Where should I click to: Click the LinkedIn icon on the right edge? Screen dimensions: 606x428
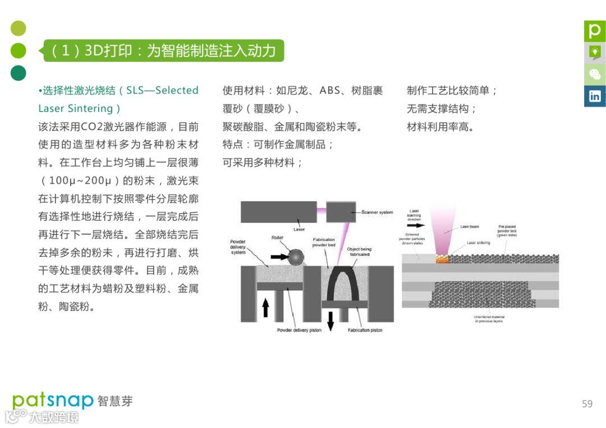(594, 96)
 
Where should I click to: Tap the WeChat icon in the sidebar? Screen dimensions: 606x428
(594, 74)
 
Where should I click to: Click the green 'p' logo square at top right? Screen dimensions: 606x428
(594, 31)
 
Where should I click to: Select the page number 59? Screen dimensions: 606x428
(587, 403)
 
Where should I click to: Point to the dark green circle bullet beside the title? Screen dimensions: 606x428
(19, 73)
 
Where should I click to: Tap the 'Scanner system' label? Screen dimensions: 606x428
(377, 212)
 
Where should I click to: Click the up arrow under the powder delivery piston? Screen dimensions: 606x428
(266, 307)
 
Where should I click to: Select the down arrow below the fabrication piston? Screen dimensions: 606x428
(330, 319)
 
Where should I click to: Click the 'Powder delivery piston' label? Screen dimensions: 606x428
(299, 330)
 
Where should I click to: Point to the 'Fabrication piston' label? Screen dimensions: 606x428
(365, 330)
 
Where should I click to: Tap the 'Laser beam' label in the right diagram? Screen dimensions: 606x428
(469, 227)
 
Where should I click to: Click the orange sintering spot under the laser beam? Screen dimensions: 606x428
(443, 258)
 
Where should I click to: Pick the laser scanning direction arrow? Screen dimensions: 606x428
(416, 226)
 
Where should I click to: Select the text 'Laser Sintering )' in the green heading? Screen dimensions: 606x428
(79, 108)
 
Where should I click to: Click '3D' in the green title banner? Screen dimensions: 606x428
(95, 51)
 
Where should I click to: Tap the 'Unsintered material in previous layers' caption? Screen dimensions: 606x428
(489, 319)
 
